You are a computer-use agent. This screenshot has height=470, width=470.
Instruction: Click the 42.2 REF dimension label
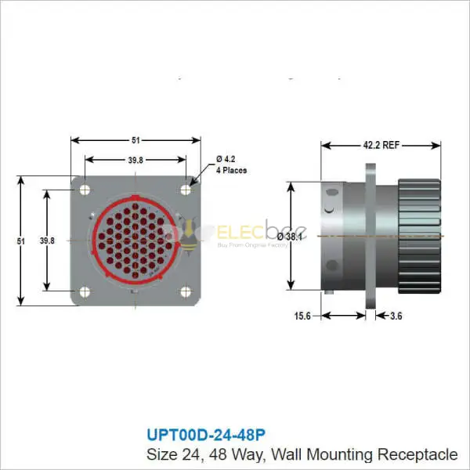click(381, 145)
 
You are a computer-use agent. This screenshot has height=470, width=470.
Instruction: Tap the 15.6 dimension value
click(302, 316)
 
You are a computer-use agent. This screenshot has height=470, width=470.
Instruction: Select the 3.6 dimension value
click(396, 316)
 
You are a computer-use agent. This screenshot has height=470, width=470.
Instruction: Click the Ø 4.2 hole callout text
click(226, 159)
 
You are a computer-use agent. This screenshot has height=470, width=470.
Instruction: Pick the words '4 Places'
click(232, 170)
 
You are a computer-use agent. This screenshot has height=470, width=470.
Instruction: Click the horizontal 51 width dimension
click(135, 141)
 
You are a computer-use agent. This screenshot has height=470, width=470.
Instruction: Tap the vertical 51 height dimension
click(21, 241)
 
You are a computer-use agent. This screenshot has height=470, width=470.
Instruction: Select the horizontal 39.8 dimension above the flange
click(135, 161)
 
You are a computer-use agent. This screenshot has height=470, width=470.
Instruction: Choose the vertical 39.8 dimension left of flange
click(46, 241)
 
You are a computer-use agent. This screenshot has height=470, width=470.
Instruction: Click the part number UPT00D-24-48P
click(211, 433)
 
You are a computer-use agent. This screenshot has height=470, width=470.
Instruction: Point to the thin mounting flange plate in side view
click(371, 236)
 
